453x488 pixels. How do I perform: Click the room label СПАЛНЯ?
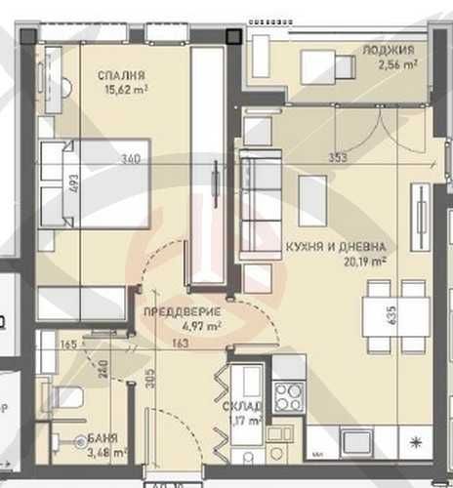coord(122,74)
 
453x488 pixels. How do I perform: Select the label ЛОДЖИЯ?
coord(389,50)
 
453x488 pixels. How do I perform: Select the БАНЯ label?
coord(94,439)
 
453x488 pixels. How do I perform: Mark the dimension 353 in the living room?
coord(337,157)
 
